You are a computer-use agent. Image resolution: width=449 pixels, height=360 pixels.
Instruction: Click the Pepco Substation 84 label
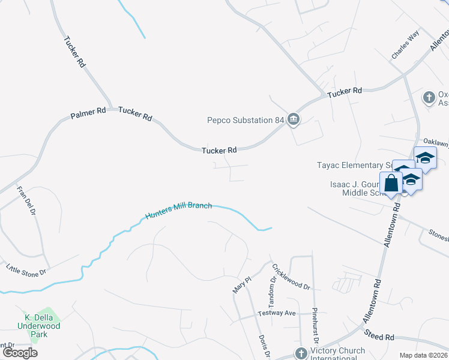245,120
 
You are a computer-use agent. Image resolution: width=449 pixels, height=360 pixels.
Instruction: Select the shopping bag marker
391,183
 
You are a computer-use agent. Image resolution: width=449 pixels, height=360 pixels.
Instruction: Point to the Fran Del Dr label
27,201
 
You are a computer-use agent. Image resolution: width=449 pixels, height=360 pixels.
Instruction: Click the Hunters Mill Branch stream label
178,211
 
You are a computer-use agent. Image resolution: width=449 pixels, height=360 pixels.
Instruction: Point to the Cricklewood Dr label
291,277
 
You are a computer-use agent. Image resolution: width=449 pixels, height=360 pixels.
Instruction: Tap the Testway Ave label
277,313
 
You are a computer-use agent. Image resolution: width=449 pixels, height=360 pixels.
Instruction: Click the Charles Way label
405,46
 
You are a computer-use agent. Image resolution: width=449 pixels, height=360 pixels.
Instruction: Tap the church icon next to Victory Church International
301,352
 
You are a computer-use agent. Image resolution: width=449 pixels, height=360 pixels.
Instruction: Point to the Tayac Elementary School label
354,165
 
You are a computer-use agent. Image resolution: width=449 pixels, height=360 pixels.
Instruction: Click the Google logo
20,353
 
